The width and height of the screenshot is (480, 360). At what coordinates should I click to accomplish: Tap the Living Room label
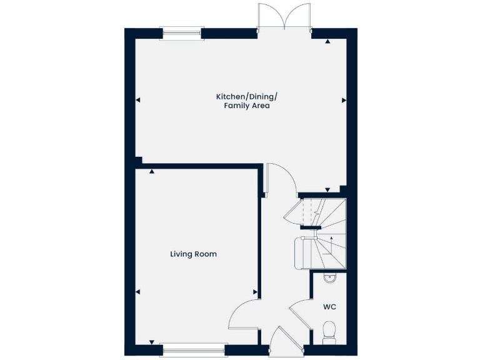[x=193, y=254]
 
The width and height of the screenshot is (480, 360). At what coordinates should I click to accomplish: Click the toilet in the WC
[x=329, y=331]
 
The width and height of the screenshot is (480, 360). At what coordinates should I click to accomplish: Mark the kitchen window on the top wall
[x=181, y=33]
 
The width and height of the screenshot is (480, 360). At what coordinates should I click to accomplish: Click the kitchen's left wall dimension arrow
[x=137, y=100]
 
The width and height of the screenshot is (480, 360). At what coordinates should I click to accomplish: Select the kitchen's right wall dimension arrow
[x=343, y=100]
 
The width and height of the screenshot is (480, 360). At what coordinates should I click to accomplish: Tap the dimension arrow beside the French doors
[x=327, y=42]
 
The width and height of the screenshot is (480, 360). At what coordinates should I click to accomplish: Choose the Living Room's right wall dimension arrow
[x=255, y=292]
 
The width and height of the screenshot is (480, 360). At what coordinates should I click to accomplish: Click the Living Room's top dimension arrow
[x=152, y=171]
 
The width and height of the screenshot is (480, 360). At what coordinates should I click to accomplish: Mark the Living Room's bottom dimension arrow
[x=152, y=341]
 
